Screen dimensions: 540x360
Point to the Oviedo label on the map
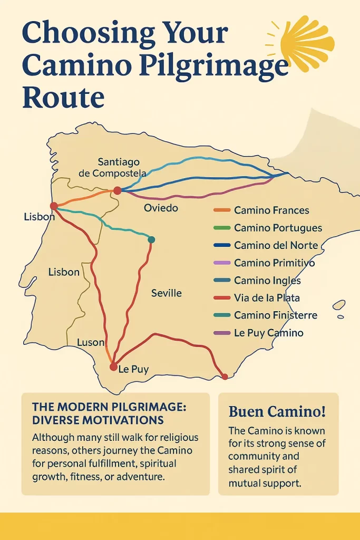point(161,208)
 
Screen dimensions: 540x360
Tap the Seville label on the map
point(166,293)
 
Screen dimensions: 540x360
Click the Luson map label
point(91,342)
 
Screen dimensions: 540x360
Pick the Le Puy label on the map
point(133,369)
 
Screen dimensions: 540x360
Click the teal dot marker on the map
point(151,240)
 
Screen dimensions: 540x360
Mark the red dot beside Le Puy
point(113,367)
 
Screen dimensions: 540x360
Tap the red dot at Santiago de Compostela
point(117,191)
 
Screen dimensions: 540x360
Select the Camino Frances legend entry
point(271,210)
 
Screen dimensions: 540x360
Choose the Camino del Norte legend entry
point(275,245)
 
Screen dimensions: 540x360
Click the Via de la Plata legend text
point(267,298)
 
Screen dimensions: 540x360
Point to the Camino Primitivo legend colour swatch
point(221,263)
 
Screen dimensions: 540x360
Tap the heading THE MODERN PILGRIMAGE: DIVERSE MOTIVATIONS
point(98,413)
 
